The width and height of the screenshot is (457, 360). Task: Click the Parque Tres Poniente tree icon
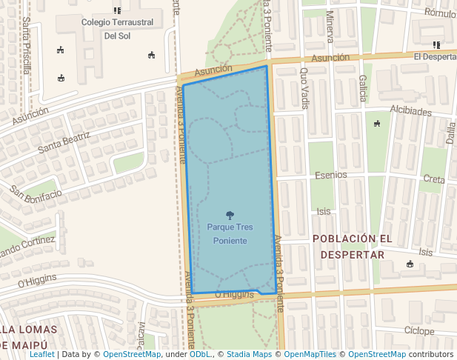230,216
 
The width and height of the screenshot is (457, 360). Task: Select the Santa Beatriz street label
64,141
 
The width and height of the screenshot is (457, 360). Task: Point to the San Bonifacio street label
36,193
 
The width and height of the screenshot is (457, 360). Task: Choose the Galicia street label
362,88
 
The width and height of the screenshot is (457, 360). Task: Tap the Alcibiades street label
410,111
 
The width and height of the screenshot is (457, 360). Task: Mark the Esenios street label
330,176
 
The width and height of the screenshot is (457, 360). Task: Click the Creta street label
434,179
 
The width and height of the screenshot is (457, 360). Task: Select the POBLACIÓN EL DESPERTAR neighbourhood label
352,247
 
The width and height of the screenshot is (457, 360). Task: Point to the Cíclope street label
419,330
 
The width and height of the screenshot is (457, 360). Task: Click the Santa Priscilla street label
27,45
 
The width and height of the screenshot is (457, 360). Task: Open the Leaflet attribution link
41,355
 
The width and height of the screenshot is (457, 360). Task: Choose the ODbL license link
200,355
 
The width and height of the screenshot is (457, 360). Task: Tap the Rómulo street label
440,13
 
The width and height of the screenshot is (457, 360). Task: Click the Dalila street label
450,135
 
